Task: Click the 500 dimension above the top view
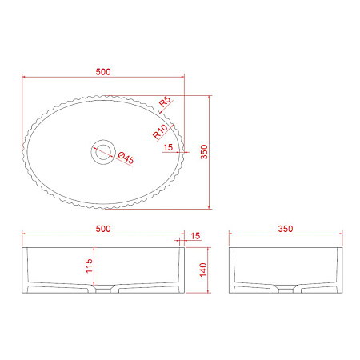point(103,72)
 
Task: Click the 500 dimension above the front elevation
point(103,229)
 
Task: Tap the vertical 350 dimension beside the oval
point(204,152)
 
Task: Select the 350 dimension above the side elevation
point(286,229)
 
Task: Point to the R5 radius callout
point(165,102)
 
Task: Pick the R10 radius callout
point(160,131)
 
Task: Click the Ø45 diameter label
point(126,158)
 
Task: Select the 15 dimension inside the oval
point(168,147)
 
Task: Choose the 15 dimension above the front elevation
point(195,236)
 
